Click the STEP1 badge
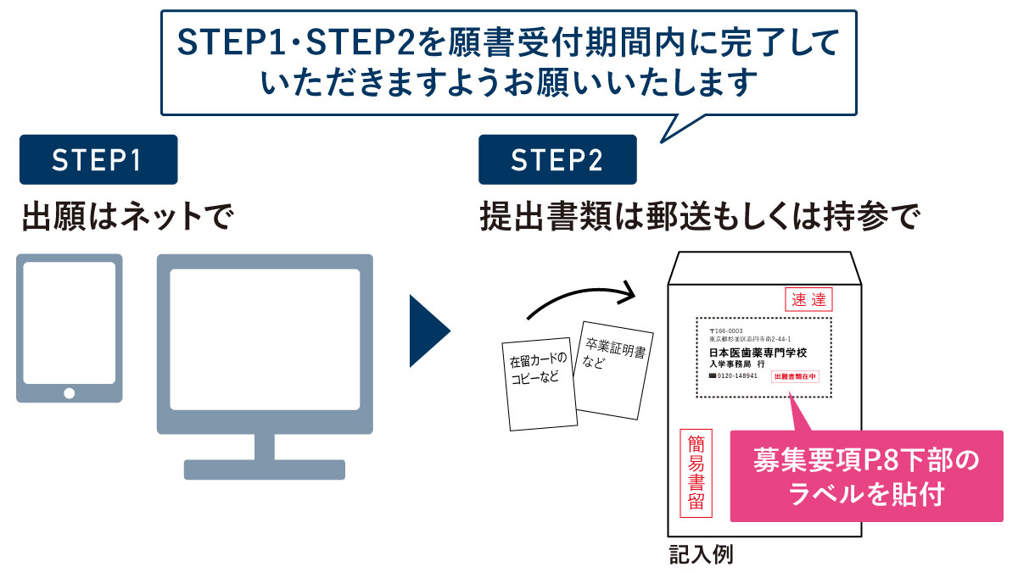click(98, 160)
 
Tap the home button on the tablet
click(70, 392)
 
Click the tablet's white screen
click(70, 322)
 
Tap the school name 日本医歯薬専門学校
click(758, 352)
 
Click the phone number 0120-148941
click(735, 375)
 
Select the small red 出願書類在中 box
click(796, 376)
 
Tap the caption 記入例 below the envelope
click(700, 555)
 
